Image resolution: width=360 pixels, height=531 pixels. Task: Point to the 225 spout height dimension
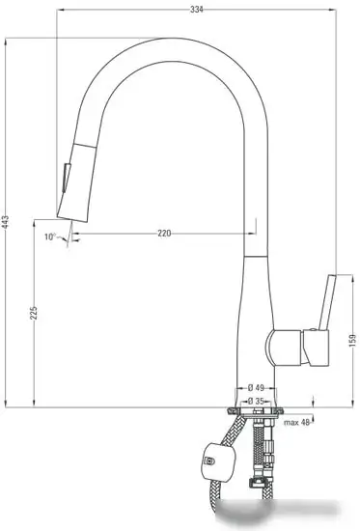[35, 314]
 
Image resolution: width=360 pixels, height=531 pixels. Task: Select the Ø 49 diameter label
[256, 388]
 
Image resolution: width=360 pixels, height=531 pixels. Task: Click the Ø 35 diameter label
[256, 400]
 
